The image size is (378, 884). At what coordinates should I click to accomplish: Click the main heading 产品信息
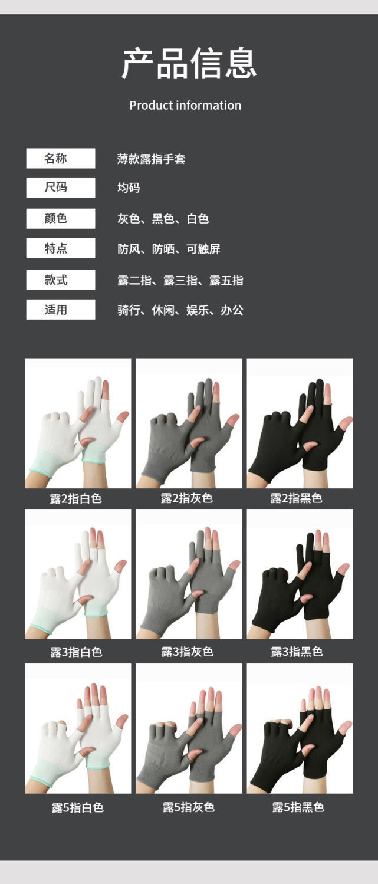point(189,64)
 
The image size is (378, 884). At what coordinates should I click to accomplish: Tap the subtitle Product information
point(185,106)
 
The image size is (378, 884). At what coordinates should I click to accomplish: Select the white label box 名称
point(60,158)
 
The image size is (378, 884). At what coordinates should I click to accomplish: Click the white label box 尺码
point(60,188)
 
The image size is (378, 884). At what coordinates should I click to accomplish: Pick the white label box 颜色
point(60,218)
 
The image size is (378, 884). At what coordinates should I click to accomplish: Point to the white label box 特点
point(60,248)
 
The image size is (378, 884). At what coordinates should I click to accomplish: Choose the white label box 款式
point(60,280)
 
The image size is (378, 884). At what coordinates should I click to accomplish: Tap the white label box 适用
point(60,310)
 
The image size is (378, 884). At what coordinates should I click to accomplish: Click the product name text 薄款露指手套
point(151,159)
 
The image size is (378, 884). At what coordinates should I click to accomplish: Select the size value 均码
point(129,188)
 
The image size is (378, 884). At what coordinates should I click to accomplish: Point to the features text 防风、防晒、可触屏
point(169,249)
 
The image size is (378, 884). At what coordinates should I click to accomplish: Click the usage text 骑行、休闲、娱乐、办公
point(180,310)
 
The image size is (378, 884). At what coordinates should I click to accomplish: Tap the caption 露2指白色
point(76,498)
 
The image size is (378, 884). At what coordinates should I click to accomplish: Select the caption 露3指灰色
point(187,652)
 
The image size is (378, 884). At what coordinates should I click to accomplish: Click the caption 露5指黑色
point(298,807)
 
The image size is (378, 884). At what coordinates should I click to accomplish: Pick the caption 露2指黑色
point(296,498)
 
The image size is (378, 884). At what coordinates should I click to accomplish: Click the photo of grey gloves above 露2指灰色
point(189,423)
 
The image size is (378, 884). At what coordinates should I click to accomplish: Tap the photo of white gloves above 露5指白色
point(78,728)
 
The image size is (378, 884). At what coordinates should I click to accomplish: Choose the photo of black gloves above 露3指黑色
point(300,574)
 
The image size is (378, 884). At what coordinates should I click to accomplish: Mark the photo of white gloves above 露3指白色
point(78,574)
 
